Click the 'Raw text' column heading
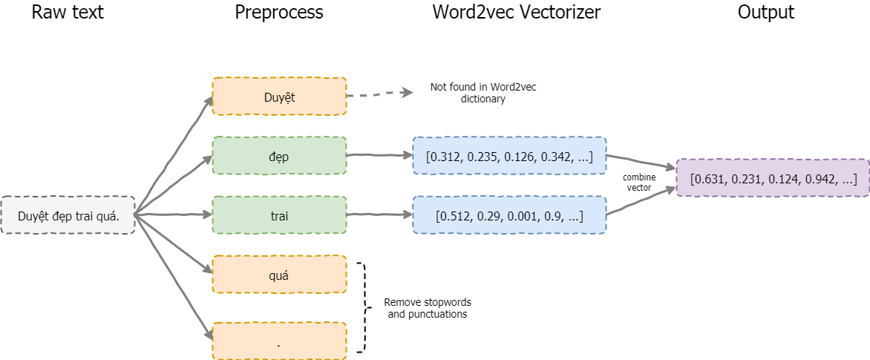[67, 12]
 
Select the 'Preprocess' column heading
[278, 12]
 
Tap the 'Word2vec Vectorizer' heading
[516, 12]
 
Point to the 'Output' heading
[765, 12]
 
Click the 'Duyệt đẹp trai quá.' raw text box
[68, 215]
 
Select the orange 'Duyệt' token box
[279, 96]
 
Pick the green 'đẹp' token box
[279, 156]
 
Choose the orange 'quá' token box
[279, 274]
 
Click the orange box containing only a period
[279, 340]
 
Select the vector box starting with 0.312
[509, 156]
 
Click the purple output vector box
[773, 178]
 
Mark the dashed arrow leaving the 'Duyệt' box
[380, 94]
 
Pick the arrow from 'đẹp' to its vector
[379, 156]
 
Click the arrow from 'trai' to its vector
[379, 215]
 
